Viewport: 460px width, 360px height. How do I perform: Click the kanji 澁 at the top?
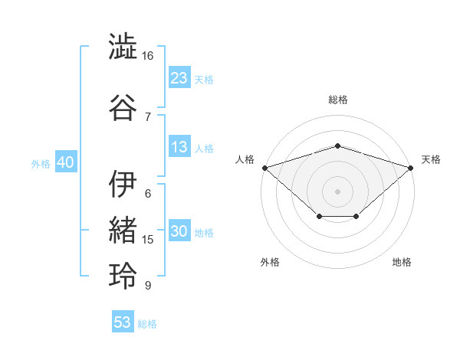123,46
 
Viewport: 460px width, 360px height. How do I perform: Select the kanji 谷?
123,107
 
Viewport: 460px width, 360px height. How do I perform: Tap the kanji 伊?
123,184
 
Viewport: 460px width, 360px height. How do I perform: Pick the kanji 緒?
123,230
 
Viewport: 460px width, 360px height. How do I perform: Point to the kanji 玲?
123,276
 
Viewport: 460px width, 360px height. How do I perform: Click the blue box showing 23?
179,77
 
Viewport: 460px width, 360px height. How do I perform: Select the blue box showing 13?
179,146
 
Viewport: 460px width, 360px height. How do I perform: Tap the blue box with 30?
179,230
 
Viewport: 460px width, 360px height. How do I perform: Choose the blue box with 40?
66,162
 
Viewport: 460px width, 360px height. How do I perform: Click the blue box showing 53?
123,321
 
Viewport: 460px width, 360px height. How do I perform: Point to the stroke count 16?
147,56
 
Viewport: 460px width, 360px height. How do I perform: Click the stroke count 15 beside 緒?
147,240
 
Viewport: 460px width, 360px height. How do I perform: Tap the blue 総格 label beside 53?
147,324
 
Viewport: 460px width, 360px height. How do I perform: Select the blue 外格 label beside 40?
41,164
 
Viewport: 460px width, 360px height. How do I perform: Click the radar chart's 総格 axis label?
338,100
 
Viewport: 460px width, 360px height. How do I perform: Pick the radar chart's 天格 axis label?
431,159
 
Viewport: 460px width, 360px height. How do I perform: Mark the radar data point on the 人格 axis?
265,168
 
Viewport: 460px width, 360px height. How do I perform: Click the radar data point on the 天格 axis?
411,168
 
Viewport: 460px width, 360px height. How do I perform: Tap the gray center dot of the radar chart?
337,191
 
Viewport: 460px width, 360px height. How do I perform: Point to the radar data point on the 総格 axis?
337,146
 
